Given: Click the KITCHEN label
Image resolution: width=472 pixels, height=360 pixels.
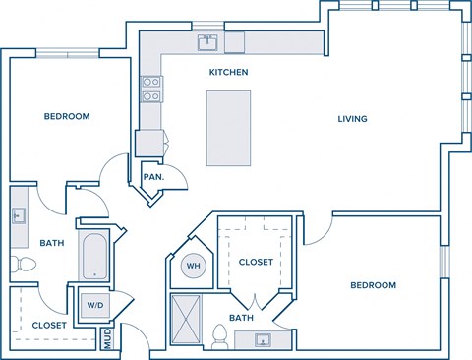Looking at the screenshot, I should (228, 72).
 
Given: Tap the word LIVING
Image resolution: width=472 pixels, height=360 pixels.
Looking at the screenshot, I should (352, 119).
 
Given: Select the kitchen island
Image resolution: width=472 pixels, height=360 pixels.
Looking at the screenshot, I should (226, 128).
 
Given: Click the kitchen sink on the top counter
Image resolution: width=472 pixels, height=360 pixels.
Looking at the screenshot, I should (208, 42).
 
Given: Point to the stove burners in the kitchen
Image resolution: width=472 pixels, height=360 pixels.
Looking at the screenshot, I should (150, 90).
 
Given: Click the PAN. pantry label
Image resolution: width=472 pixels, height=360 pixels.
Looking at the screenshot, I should (152, 177).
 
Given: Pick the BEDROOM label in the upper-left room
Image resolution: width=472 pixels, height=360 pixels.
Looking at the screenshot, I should (67, 116).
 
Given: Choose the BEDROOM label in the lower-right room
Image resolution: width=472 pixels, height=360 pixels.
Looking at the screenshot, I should (373, 285).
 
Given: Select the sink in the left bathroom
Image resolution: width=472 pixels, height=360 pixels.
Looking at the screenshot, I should (19, 216).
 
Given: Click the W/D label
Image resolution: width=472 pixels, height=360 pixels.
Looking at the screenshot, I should (94, 304).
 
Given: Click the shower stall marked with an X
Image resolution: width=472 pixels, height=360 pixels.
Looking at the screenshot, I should (186, 318).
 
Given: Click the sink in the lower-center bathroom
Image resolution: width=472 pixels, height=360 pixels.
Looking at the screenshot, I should (264, 340).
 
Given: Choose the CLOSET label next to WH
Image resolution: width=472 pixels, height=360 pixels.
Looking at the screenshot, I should (256, 262).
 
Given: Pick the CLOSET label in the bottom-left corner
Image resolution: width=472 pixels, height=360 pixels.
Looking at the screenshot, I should (49, 325).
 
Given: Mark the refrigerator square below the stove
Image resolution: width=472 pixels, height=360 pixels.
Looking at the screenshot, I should (147, 142).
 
